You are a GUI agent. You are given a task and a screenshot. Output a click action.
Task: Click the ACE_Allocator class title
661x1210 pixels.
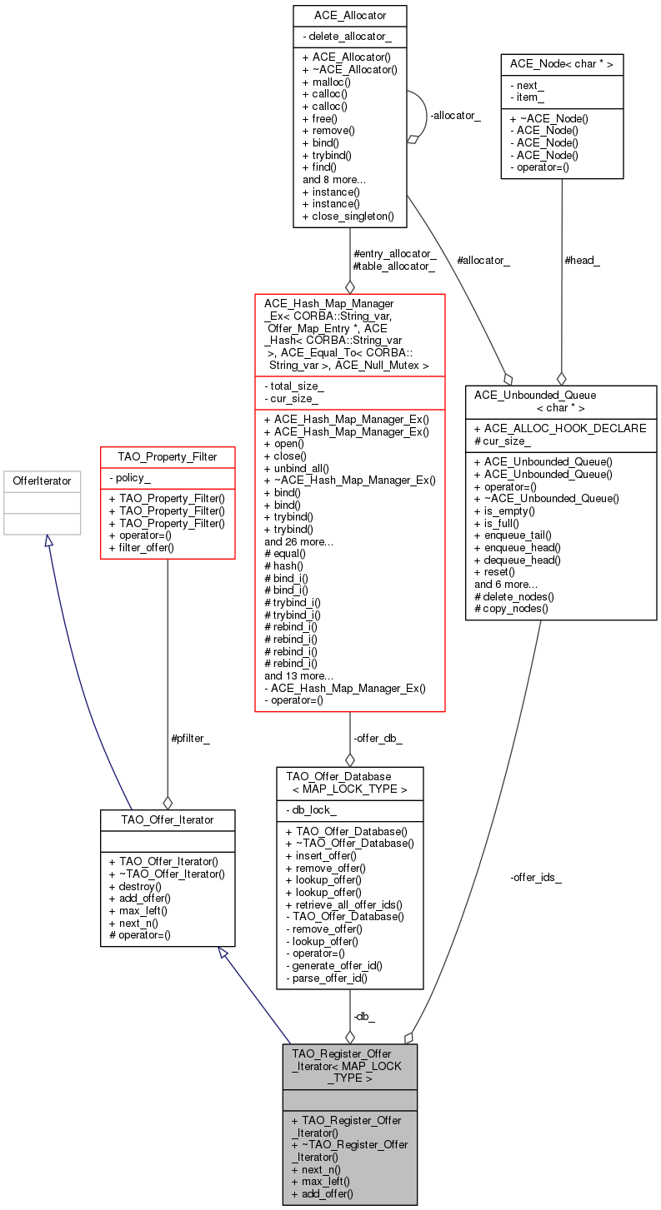coord(349,16)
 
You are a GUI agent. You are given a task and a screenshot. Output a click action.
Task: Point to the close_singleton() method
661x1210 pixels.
coord(353,216)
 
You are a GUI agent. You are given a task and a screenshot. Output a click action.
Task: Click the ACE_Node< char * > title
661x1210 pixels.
coord(561,65)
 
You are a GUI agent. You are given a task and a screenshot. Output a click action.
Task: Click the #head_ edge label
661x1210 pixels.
coord(582,261)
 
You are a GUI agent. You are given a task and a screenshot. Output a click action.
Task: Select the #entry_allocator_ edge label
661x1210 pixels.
coord(395,253)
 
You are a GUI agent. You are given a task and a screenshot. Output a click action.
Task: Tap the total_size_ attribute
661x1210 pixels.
coord(297,386)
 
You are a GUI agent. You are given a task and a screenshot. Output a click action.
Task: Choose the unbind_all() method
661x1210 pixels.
coord(296,468)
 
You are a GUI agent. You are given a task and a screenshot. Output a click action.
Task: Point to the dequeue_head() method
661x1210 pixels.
coord(522,560)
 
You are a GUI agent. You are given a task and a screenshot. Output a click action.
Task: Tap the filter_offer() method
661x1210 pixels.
coord(141,547)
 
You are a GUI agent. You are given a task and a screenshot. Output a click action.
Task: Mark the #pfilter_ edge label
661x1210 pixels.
coord(190,738)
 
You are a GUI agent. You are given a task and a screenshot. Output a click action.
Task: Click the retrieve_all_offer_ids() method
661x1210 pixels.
coord(344,904)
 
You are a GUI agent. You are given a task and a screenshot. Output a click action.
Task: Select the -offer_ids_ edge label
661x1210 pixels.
coord(536,877)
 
